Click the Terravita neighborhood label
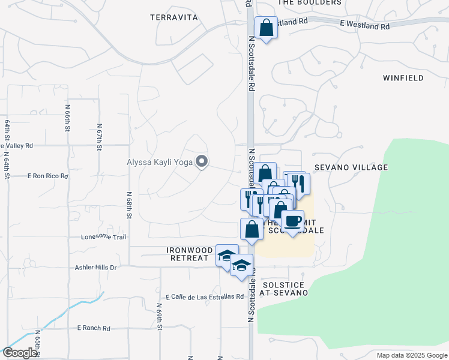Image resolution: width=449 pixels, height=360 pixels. click(174, 18)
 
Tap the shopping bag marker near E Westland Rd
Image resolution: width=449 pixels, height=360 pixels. click(266, 28)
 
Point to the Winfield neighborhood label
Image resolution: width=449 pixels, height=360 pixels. click(403, 78)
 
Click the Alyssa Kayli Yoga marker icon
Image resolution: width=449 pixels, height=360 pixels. click(202, 161)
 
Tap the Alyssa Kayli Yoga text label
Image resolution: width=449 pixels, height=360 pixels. click(160, 161)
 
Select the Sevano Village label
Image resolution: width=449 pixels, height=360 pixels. click(351, 167)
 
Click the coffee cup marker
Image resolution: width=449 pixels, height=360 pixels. click(292, 221)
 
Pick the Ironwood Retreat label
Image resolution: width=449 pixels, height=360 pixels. click(190, 254)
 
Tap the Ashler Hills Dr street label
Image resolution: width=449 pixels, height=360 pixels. click(95, 268)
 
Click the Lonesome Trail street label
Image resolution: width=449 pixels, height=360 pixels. click(104, 237)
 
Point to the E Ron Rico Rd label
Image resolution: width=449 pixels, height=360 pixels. click(48, 176)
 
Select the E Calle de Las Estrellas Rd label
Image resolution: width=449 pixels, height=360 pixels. click(205, 296)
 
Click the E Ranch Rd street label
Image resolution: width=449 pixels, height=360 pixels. click(94, 328)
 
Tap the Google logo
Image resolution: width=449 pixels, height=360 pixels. click(20, 353)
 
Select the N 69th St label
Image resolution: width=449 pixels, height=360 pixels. click(160, 319)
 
